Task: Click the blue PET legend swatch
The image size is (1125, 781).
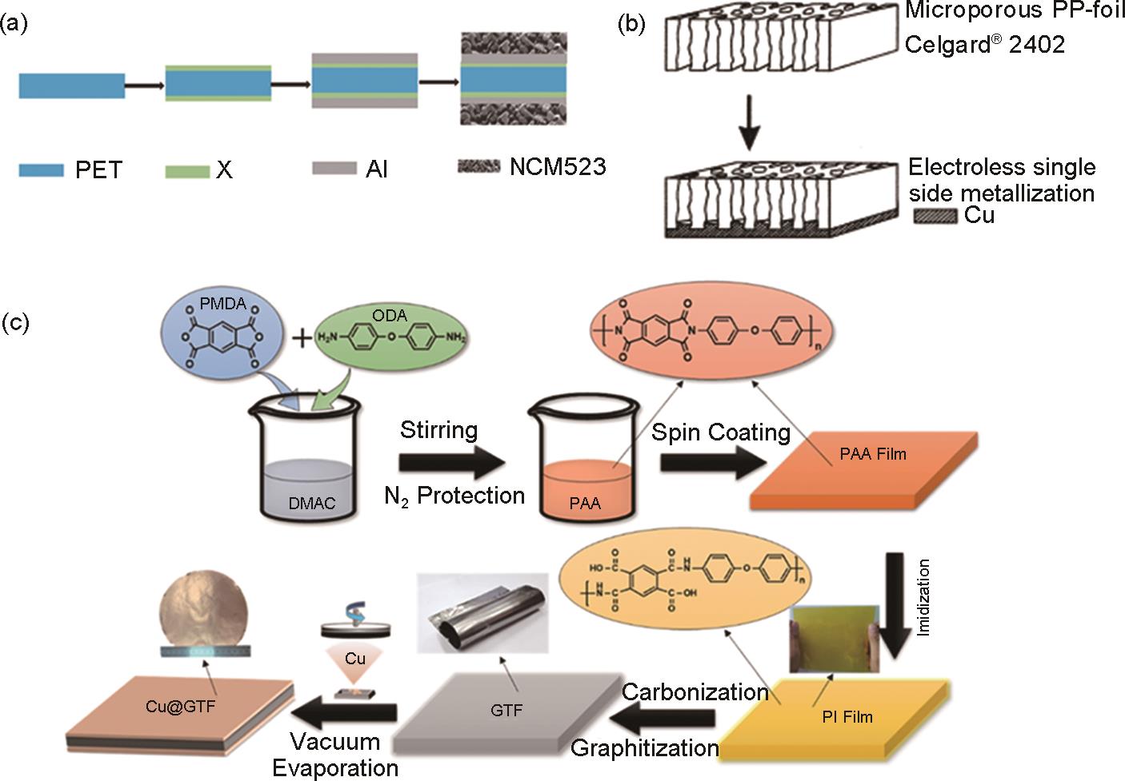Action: (41, 169)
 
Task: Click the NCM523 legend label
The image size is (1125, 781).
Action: (558, 167)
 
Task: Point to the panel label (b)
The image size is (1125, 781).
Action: (633, 25)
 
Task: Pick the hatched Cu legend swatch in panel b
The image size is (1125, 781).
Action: (934, 217)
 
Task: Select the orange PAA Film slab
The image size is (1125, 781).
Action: (864, 471)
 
